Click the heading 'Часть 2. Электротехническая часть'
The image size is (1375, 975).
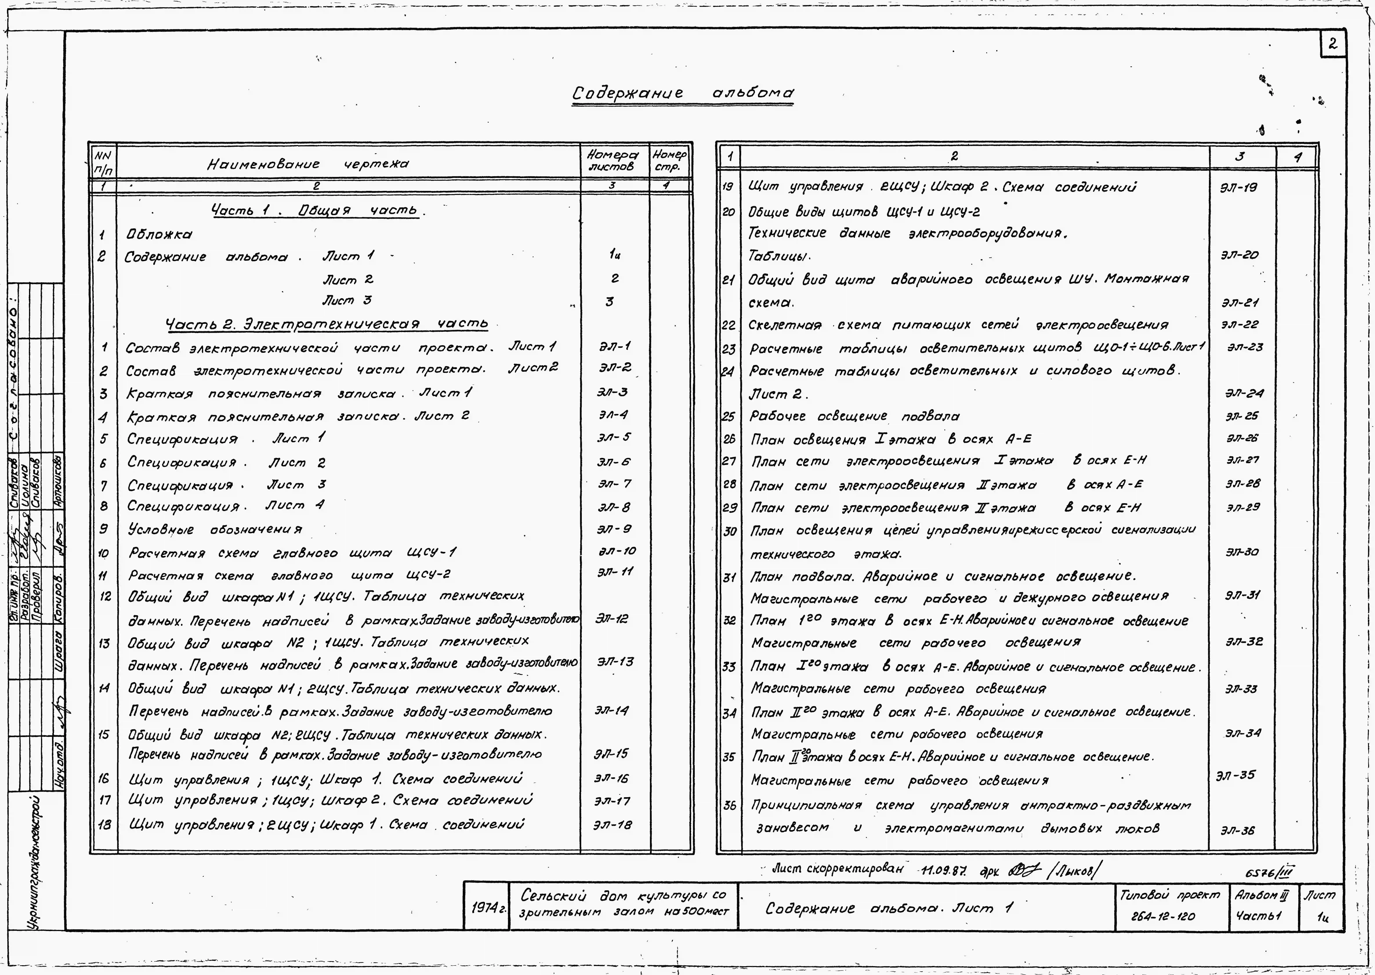pyautogui.click(x=327, y=324)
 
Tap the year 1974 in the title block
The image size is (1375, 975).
pyautogui.click(x=486, y=908)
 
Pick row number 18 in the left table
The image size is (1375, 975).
pyautogui.click(x=104, y=824)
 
